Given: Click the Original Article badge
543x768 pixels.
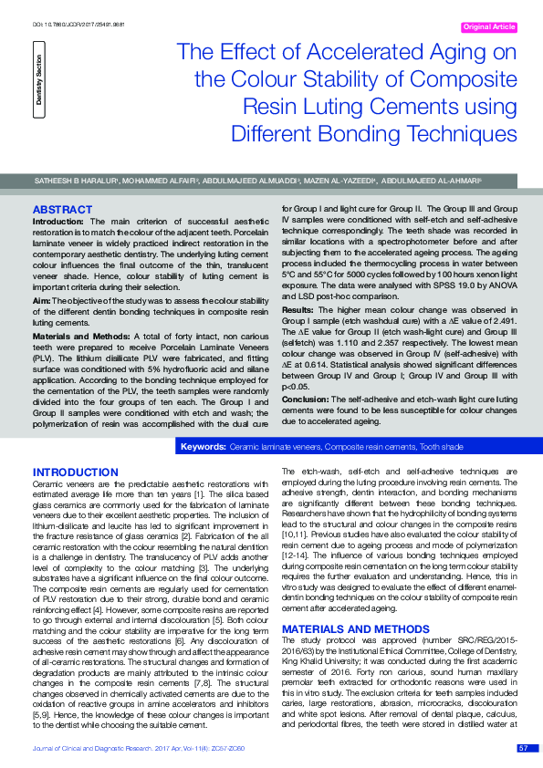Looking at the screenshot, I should point(489,27).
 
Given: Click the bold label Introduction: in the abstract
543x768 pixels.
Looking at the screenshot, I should point(58,222).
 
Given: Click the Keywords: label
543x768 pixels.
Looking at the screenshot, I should point(204,447).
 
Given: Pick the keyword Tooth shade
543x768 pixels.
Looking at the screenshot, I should point(441,447).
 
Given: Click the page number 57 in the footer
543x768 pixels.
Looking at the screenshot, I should point(522,748).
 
